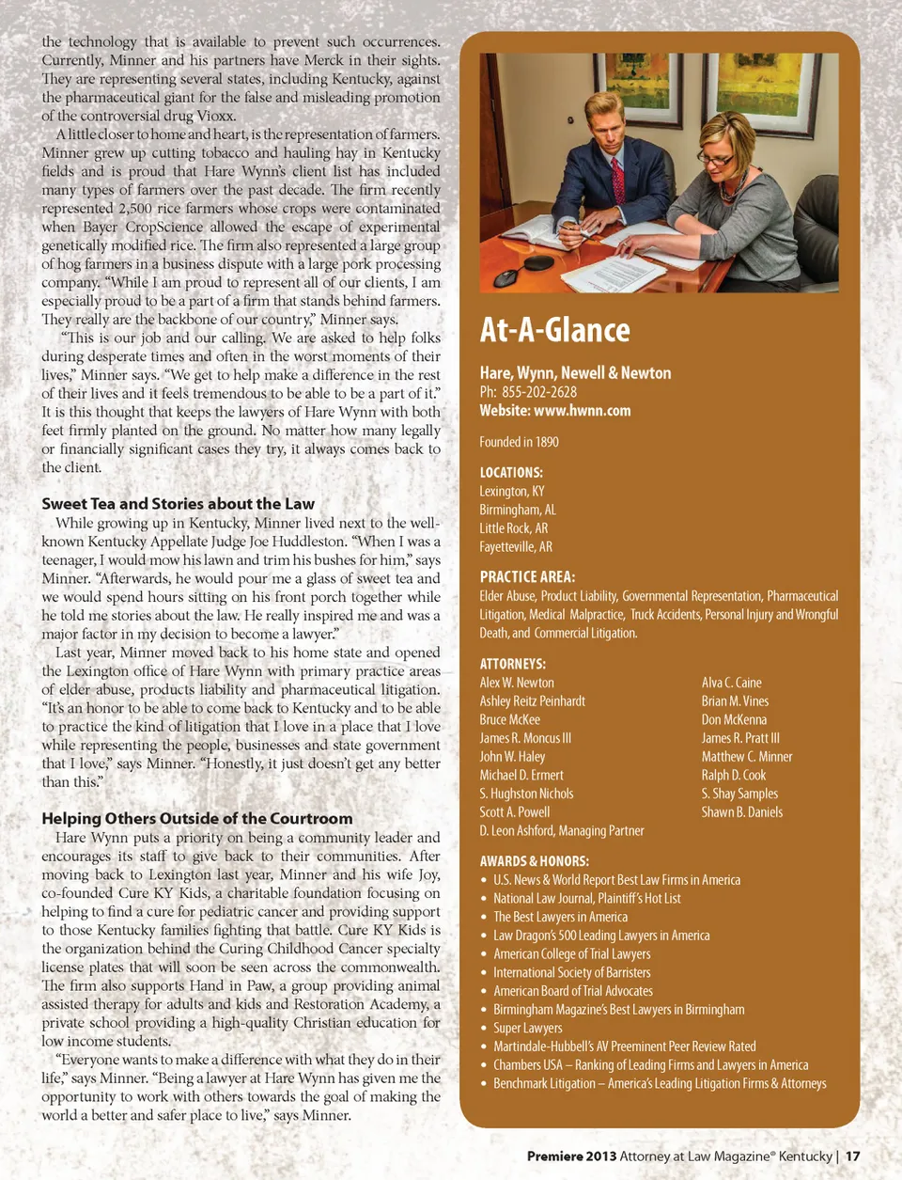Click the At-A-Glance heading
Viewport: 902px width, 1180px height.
554,330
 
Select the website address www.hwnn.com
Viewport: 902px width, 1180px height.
582,411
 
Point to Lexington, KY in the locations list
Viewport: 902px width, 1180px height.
512,491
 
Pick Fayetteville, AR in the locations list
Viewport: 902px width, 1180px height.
516,546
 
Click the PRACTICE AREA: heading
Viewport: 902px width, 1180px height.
527,577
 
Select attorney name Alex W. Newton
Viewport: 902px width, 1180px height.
517,683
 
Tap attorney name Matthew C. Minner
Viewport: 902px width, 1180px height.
747,757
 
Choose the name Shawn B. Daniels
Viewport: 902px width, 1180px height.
742,812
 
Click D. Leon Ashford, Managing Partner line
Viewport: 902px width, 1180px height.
562,831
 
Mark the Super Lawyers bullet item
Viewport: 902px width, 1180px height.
528,1028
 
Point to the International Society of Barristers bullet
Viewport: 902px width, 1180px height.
572,972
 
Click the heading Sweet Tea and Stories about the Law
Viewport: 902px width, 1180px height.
178,504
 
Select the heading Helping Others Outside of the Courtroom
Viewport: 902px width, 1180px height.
197,819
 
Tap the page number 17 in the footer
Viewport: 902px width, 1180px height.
852,1156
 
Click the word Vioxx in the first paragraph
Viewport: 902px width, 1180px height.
215,116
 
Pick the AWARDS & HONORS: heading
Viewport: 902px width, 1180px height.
534,861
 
